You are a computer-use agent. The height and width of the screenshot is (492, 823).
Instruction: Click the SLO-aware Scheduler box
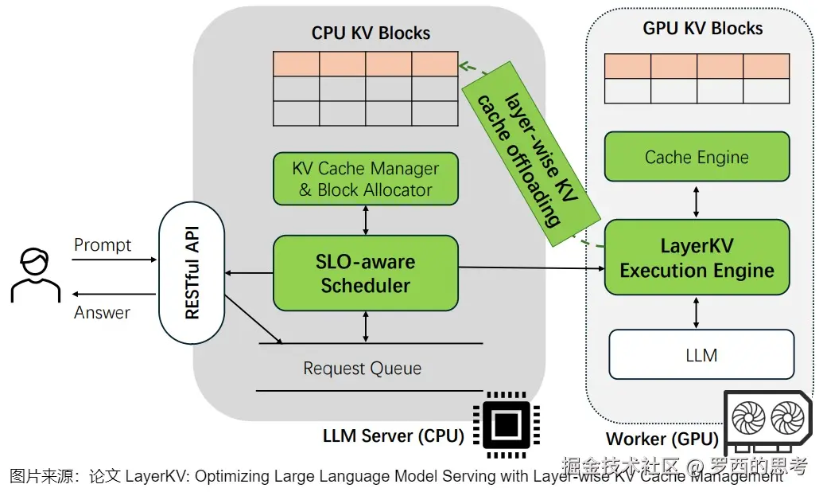[366, 273]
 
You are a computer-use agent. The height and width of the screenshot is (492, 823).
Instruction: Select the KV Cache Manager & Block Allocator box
[366, 179]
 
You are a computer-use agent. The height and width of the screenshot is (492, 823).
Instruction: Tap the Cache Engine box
[697, 157]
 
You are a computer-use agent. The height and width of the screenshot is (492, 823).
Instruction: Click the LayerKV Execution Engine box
[697, 258]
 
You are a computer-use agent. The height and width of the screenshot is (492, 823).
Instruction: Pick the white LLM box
[701, 354]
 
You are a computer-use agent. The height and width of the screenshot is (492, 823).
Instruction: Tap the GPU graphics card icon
[768, 422]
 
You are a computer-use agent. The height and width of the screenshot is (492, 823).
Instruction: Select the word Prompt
[103, 245]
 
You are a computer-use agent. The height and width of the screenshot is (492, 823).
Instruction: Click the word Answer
[102, 313]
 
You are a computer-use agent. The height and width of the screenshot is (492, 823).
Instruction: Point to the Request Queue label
[363, 369]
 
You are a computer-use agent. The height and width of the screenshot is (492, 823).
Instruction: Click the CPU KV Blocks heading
[371, 33]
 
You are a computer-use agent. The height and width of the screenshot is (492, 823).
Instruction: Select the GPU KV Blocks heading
[702, 29]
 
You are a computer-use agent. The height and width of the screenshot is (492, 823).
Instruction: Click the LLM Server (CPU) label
[393, 435]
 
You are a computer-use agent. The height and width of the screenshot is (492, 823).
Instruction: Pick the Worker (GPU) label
[662, 439]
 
